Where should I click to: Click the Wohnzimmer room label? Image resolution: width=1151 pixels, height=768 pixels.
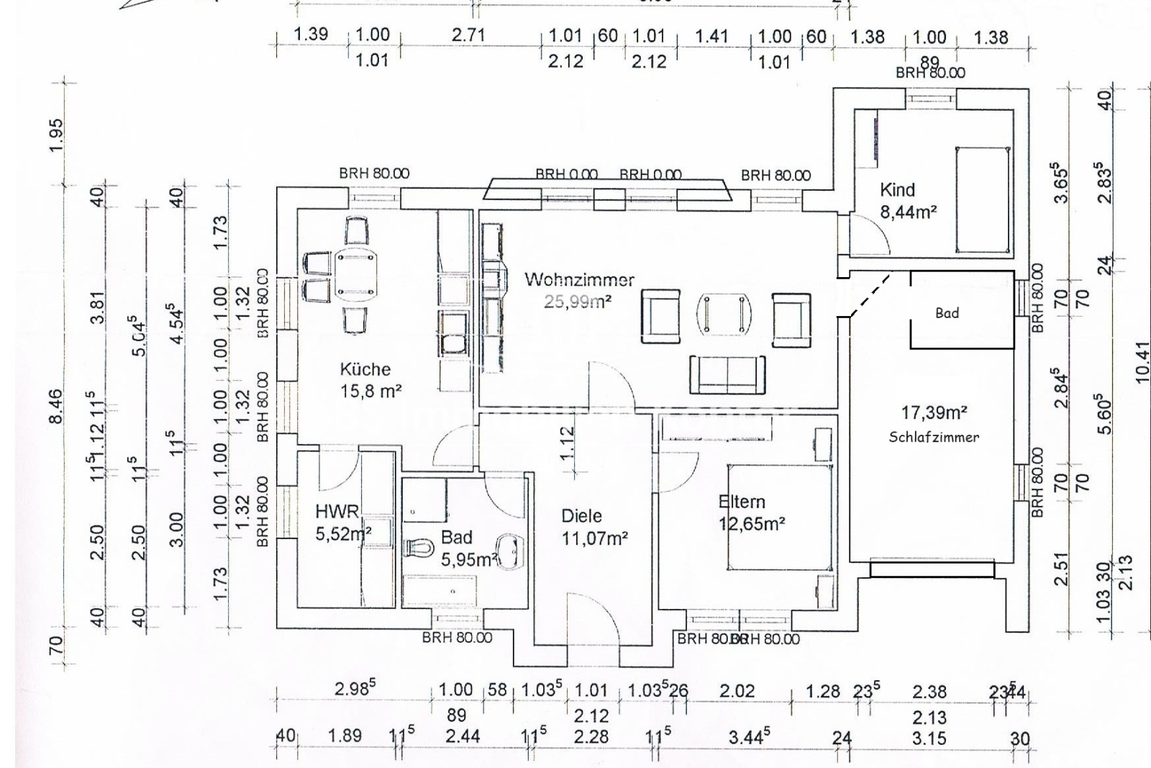point(579,279)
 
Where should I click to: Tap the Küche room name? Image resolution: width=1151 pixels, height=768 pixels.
point(365,369)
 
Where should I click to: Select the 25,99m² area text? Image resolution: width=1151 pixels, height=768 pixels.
point(578,302)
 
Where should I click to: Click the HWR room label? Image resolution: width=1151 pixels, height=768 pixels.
point(337,512)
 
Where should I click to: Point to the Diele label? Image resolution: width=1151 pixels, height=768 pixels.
point(581,516)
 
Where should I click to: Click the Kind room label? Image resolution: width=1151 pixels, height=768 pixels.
point(897,190)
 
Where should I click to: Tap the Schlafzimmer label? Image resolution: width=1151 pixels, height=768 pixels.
point(934,437)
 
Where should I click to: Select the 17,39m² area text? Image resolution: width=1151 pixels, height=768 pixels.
point(934,413)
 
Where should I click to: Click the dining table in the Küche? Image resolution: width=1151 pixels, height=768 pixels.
point(356,275)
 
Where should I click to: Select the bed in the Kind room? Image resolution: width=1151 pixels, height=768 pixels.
point(982,199)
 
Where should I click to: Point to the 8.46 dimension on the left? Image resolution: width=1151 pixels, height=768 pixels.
point(56,407)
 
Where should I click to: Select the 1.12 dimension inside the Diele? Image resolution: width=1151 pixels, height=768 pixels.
point(568,443)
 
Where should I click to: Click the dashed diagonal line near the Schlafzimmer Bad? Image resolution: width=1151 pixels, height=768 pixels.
point(871,294)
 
